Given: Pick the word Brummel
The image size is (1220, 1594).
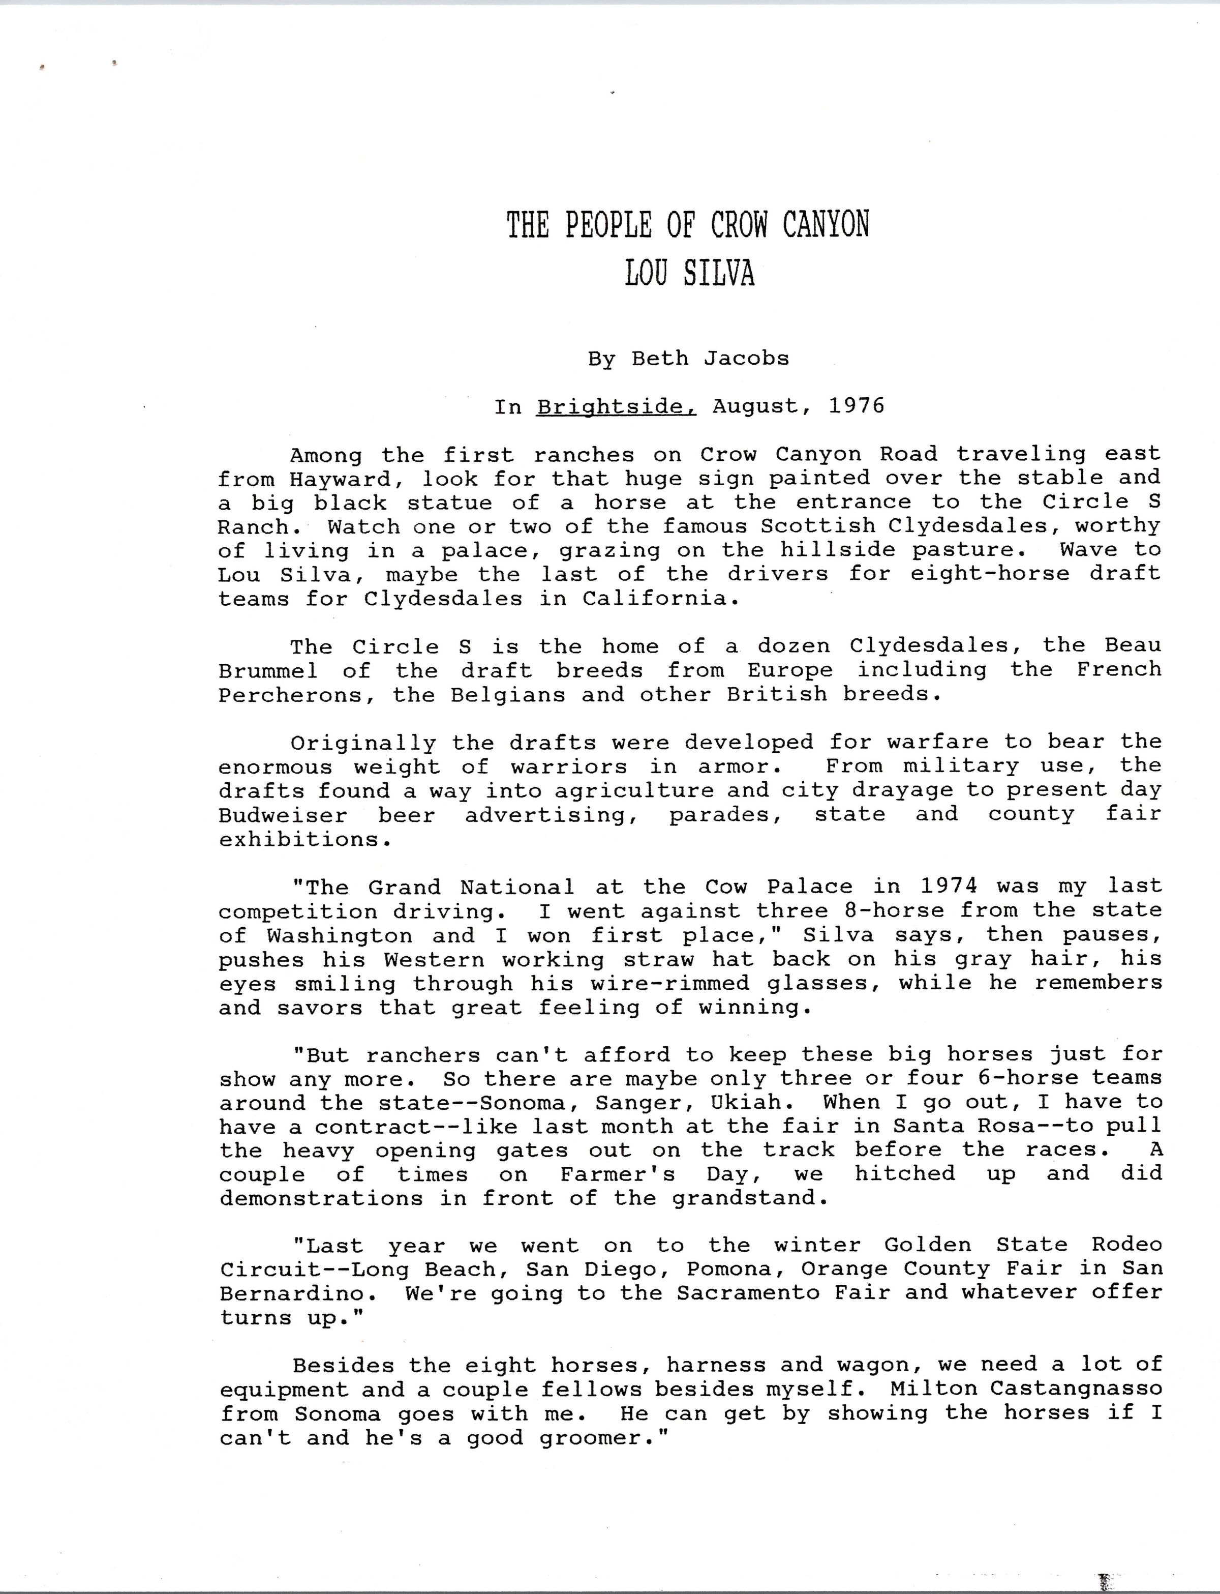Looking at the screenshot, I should coord(268,670).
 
